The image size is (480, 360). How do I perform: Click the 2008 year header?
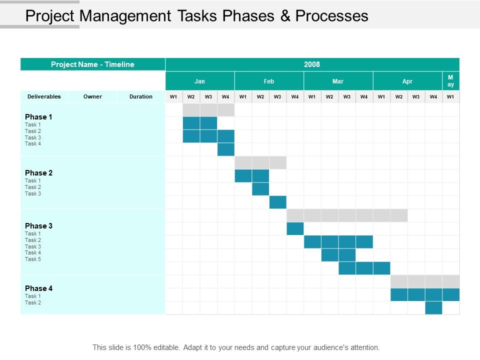(x=311, y=64)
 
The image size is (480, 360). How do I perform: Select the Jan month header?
(x=199, y=81)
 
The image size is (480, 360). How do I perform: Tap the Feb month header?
(x=269, y=81)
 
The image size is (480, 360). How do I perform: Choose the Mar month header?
(x=338, y=81)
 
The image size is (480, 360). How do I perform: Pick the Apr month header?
(x=407, y=81)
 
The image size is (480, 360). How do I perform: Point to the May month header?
(x=450, y=81)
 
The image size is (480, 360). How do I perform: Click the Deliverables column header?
(x=44, y=96)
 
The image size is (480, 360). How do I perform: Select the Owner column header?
(x=92, y=96)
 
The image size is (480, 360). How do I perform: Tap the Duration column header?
(x=141, y=96)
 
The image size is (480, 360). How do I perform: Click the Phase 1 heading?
(x=39, y=117)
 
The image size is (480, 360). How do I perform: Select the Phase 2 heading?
(x=39, y=173)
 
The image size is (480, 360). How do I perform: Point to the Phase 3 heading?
(x=39, y=226)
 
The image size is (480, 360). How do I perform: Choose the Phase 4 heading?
(x=39, y=288)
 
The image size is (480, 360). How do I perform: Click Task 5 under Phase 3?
(x=33, y=259)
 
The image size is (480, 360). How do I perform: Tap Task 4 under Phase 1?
(x=33, y=143)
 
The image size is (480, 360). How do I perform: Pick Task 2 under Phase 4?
(x=33, y=302)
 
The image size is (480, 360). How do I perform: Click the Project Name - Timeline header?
(x=92, y=64)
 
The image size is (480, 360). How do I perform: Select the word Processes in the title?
(x=331, y=16)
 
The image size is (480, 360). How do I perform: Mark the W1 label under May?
(x=450, y=96)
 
